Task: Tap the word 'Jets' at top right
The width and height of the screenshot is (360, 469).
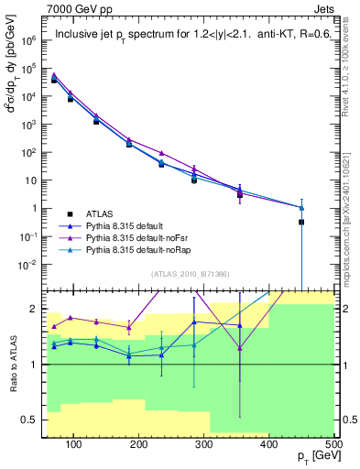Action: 320,8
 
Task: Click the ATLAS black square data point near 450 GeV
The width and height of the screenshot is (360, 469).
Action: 300,222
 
